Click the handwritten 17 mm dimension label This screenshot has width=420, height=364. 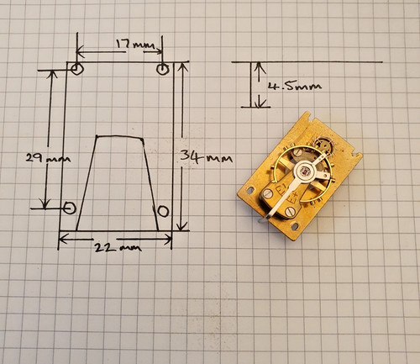136,44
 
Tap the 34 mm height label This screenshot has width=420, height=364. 207,157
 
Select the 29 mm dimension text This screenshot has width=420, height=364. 48,158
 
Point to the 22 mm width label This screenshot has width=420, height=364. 118,247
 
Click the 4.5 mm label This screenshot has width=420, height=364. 295,86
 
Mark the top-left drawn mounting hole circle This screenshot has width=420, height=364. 76,69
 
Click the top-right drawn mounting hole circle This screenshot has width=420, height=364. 162,69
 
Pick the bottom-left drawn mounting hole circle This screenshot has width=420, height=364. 70,208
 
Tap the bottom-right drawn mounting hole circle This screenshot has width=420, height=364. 163,211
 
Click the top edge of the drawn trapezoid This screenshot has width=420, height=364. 120,137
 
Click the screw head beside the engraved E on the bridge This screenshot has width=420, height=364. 268,193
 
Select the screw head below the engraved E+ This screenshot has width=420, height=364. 291,212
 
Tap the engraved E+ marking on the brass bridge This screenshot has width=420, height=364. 291,198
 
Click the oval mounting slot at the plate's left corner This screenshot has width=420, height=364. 250,190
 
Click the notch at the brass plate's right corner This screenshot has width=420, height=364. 355,153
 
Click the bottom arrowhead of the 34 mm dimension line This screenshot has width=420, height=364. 182,225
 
